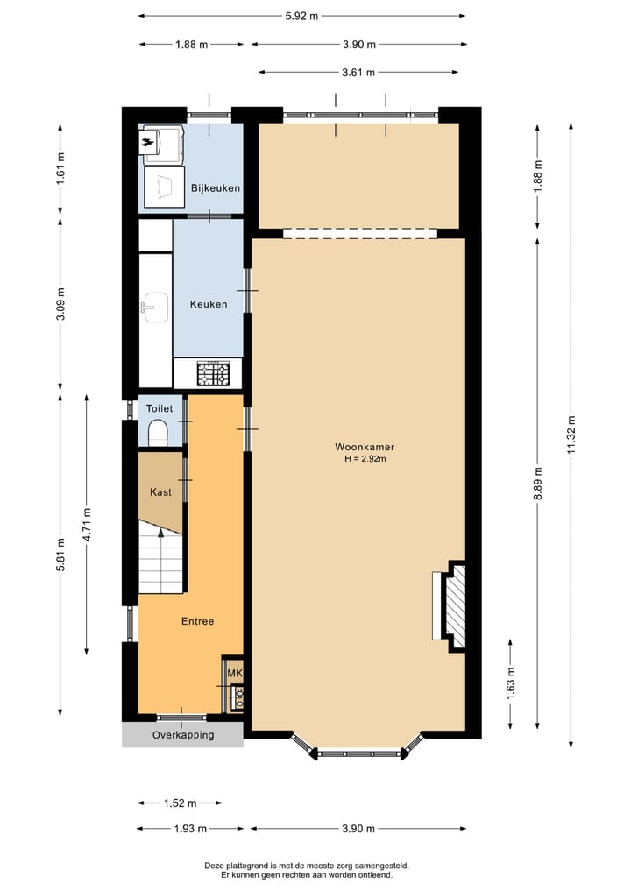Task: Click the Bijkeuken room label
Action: [215, 188]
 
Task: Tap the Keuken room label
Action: [209, 305]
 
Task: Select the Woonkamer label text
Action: [358, 447]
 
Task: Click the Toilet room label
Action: [160, 408]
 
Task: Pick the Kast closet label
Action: [160, 492]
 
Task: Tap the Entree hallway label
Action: [198, 621]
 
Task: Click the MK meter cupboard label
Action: [234, 673]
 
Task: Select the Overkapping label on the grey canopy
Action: [183, 735]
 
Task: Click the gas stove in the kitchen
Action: [214, 374]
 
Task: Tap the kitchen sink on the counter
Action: [154, 307]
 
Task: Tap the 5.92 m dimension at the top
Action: [301, 15]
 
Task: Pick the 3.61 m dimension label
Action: [358, 73]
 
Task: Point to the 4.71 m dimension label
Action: [86, 524]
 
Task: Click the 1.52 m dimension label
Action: [179, 803]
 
